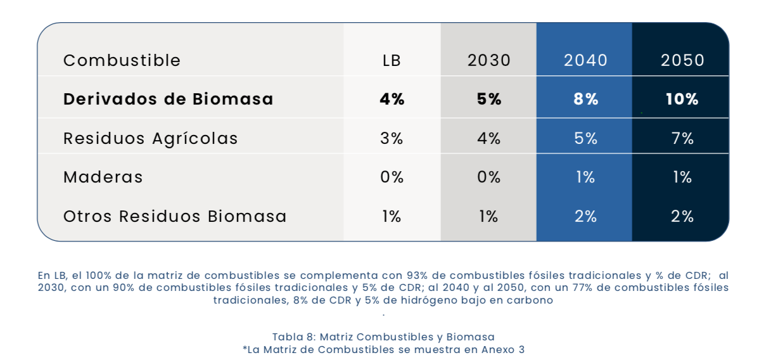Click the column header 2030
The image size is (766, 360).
point(488,60)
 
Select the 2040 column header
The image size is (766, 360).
point(585,60)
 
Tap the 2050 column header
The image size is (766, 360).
point(682,60)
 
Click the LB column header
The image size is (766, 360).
point(392,60)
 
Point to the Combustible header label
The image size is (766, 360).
point(122,60)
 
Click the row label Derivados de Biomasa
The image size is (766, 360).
point(168,100)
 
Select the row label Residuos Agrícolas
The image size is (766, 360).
point(150,138)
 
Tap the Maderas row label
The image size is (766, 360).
point(103,177)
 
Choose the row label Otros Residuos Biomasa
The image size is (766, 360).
point(175,216)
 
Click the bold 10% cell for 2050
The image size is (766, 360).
point(682,100)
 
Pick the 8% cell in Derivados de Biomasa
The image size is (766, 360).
point(585,100)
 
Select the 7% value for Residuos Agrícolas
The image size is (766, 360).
point(682,138)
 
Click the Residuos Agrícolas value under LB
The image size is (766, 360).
point(392,138)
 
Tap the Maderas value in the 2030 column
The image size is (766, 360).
point(488,177)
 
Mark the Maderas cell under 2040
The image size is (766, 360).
point(585,177)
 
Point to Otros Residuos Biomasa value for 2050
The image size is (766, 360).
point(682,216)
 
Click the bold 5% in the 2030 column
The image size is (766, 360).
point(488,100)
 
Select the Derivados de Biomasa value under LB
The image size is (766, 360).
point(392,100)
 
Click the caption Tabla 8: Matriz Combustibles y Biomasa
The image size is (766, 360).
point(383,337)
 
